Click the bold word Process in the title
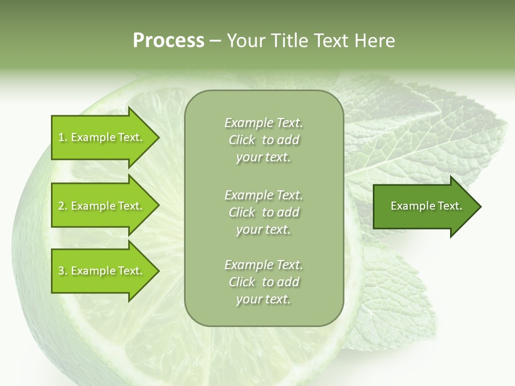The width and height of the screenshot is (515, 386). click(168, 41)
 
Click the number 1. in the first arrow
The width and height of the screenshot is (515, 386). click(62, 137)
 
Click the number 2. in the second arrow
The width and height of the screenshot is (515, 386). click(62, 206)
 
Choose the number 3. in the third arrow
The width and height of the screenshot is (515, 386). click(62, 271)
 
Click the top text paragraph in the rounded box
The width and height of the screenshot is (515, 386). click(263, 140)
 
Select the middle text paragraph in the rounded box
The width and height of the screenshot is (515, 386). click(263, 212)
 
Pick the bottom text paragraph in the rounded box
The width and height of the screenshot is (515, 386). click(263, 282)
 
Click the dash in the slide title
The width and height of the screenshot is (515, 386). click(216, 41)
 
